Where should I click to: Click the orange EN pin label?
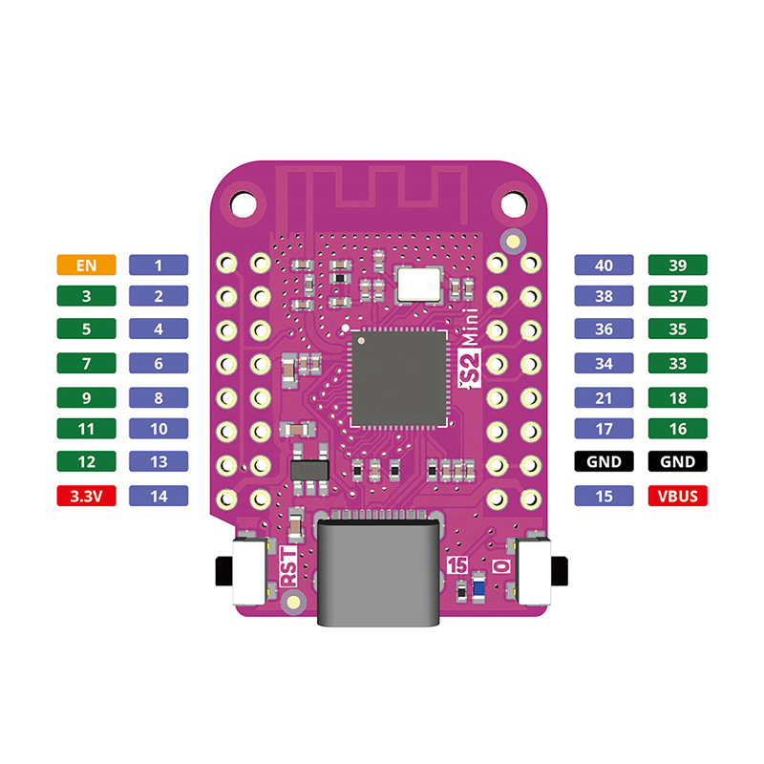coord(86,265)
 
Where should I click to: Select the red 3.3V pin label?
coord(86,496)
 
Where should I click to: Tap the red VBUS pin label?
coord(678,496)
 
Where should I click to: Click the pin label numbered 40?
coord(604,265)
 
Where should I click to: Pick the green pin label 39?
coord(678,265)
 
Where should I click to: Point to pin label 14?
coord(159,496)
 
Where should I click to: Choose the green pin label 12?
coord(86,462)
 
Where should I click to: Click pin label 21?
coord(604,396)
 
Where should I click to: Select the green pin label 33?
coord(678,363)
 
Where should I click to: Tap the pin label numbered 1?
coord(159,265)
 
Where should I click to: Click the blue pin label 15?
coord(604,496)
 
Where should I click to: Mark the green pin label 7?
coord(86,363)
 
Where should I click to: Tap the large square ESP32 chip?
coord(399,378)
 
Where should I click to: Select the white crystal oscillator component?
coord(419,282)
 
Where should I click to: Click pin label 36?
coord(604,329)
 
